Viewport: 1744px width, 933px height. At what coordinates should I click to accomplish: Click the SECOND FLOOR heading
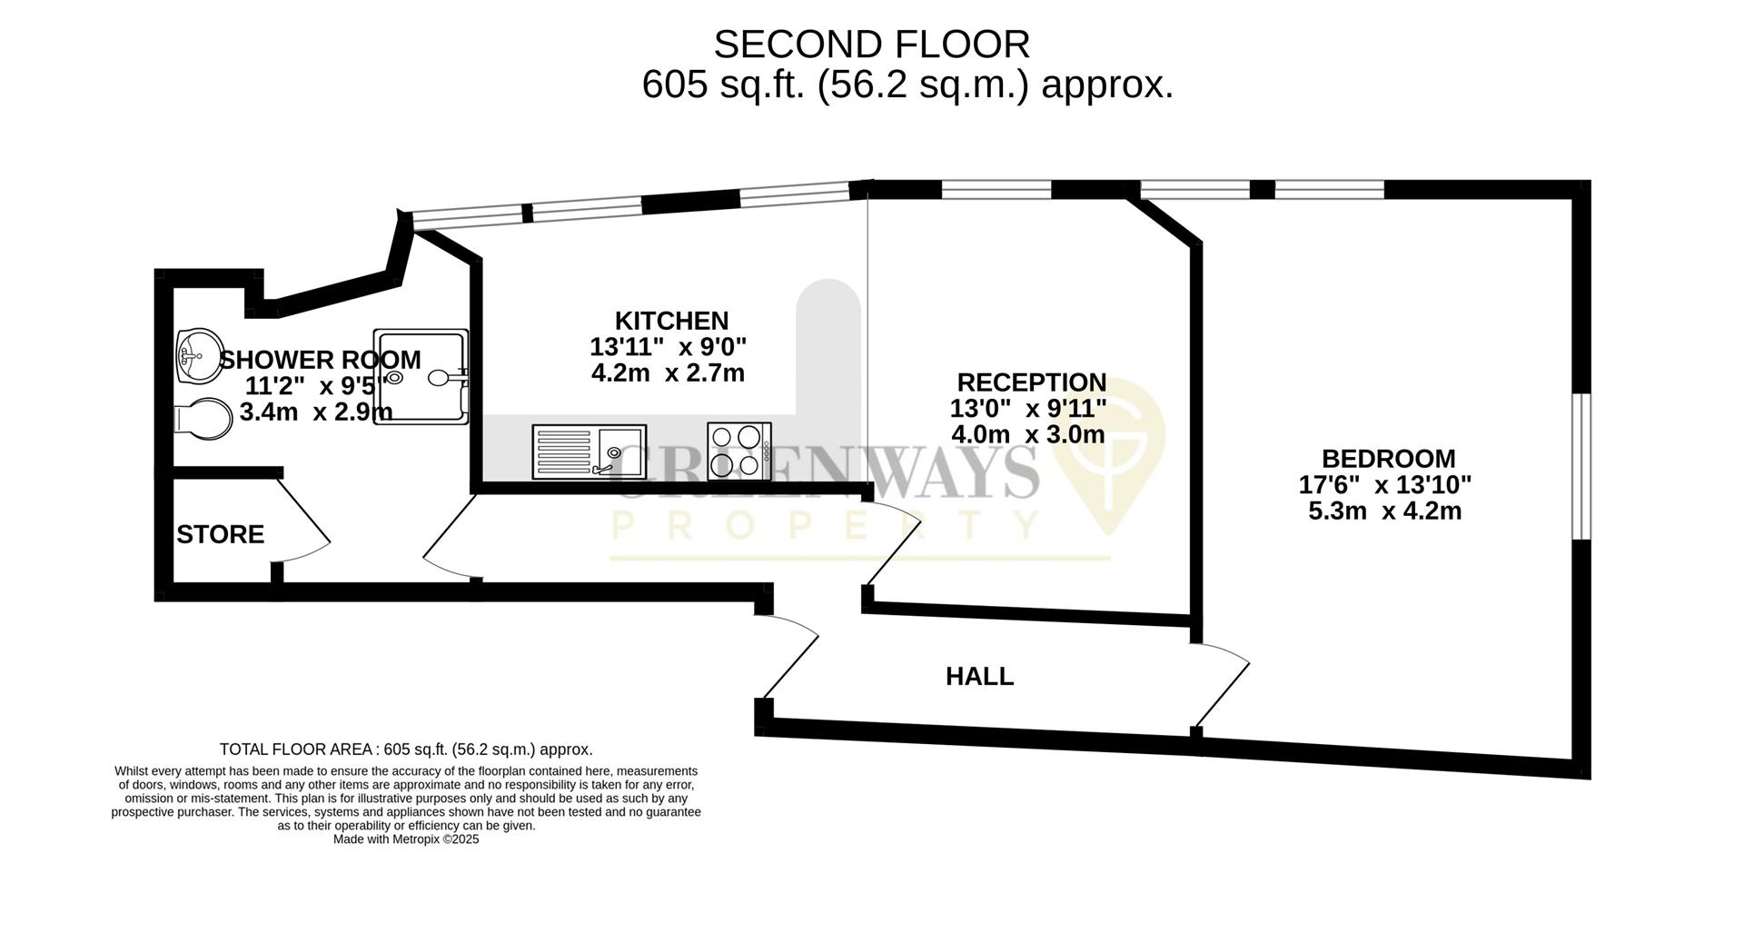(x=871, y=45)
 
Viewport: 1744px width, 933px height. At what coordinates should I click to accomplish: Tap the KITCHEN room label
(x=671, y=321)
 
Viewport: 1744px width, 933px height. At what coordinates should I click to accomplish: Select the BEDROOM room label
(x=1387, y=459)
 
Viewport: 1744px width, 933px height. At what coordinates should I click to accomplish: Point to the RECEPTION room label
(x=1031, y=382)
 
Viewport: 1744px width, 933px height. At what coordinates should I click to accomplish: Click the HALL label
(x=979, y=677)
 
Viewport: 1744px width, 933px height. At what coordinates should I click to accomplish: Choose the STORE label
(x=220, y=534)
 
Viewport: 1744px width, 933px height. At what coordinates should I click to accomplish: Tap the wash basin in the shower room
(x=198, y=355)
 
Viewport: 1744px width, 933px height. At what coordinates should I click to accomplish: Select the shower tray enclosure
(x=423, y=375)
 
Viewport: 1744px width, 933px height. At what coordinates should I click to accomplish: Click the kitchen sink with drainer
(x=589, y=452)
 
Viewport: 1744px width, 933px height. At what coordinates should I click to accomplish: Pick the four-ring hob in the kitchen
(x=739, y=451)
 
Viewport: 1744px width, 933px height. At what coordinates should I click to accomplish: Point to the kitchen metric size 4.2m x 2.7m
(x=668, y=372)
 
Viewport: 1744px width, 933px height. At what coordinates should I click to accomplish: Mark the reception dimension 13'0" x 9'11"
(x=1028, y=408)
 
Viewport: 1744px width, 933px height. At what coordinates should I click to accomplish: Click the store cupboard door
(x=302, y=521)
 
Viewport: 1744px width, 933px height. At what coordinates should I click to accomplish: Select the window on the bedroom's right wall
(x=1581, y=465)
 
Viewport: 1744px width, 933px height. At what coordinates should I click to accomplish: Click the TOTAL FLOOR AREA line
(x=405, y=749)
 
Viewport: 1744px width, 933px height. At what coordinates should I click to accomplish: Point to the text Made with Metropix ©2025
(x=405, y=839)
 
